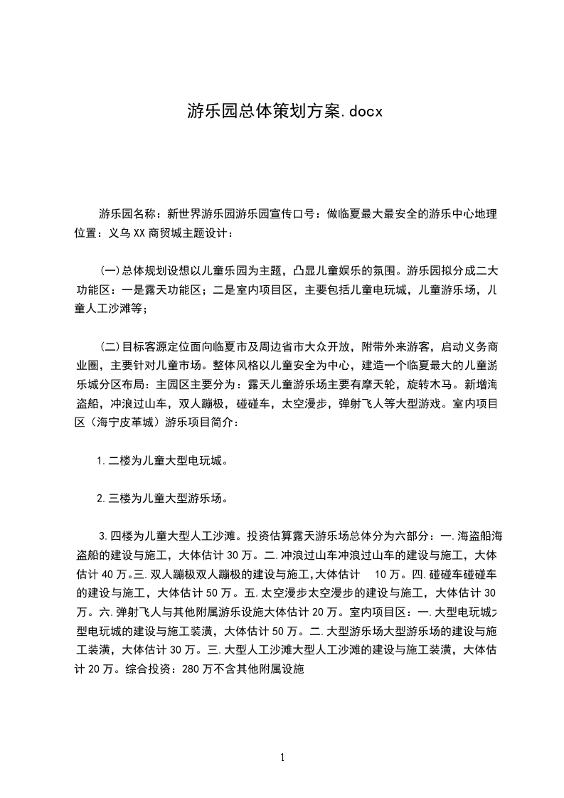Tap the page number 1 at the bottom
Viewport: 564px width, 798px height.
pyautogui.click(x=282, y=758)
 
